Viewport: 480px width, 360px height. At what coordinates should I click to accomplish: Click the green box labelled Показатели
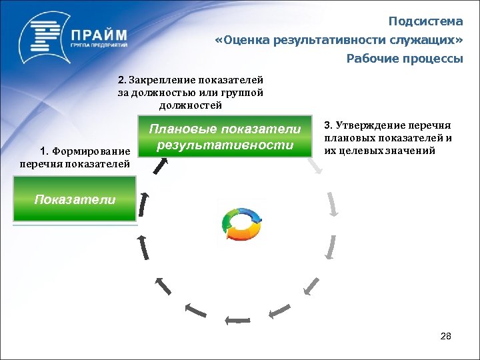tap(74, 199)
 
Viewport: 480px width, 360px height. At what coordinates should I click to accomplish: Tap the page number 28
tap(445, 336)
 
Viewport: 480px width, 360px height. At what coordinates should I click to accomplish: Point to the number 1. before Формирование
tap(45, 151)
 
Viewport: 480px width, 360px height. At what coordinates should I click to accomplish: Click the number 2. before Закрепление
tap(122, 80)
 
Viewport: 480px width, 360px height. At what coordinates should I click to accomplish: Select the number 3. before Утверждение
tap(328, 125)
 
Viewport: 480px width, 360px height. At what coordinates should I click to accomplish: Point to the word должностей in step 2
tap(191, 105)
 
